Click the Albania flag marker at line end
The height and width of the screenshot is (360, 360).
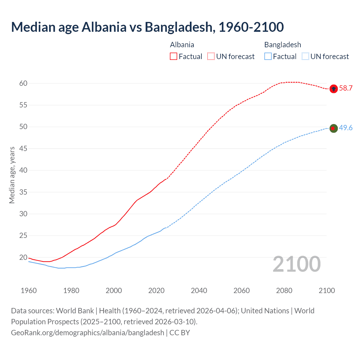[333, 89]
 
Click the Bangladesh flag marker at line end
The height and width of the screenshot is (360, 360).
[333, 128]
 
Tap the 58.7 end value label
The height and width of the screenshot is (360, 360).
[346, 88]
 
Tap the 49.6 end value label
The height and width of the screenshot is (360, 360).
[346, 128]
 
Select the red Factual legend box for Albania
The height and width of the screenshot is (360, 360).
[174, 57]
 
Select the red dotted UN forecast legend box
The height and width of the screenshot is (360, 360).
[211, 57]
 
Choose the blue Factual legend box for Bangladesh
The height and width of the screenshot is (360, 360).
[268, 57]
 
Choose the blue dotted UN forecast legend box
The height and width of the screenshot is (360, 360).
[305, 57]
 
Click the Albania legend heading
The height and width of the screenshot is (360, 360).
[182, 45]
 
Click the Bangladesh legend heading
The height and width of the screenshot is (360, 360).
[282, 45]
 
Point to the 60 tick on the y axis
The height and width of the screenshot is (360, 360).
[23, 83]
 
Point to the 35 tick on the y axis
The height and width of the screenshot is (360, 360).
[23, 192]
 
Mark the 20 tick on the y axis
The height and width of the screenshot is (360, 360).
[23, 257]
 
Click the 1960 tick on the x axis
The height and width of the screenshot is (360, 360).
[29, 291]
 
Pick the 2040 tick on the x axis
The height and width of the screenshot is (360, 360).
[199, 291]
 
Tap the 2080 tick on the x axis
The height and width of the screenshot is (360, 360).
[284, 291]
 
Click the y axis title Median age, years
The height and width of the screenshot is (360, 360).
[12, 175]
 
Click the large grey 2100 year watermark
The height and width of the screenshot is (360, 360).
[296, 264]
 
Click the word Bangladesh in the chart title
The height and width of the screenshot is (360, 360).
[179, 27]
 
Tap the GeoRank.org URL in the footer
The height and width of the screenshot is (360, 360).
[87, 333]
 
